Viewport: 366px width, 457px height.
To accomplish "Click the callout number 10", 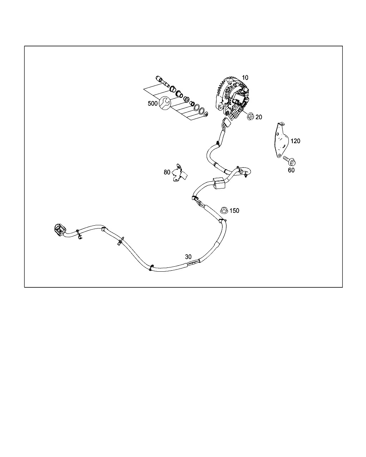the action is tap(245, 78).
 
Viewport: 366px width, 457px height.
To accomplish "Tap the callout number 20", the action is tap(259, 117).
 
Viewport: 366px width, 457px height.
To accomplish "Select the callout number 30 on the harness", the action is tap(188, 257).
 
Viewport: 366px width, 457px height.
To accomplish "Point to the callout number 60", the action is tap(291, 170).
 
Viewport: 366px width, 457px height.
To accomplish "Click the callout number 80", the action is tap(167, 172).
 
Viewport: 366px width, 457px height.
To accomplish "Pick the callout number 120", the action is tap(295, 141).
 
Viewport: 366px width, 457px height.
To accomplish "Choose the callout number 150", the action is tap(234, 211).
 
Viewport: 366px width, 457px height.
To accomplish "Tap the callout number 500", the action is tap(153, 104).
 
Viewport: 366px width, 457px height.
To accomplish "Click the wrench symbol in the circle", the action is tap(165, 103).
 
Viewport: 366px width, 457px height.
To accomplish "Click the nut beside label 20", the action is tap(251, 116).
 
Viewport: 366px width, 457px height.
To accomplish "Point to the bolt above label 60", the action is tap(290, 161).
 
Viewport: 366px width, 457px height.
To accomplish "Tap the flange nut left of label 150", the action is tap(224, 210).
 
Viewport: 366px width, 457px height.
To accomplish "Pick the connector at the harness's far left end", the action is tap(59, 230).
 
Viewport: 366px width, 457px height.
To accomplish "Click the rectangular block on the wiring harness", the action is tap(219, 183).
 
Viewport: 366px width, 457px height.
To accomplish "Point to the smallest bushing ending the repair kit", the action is tap(206, 115).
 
